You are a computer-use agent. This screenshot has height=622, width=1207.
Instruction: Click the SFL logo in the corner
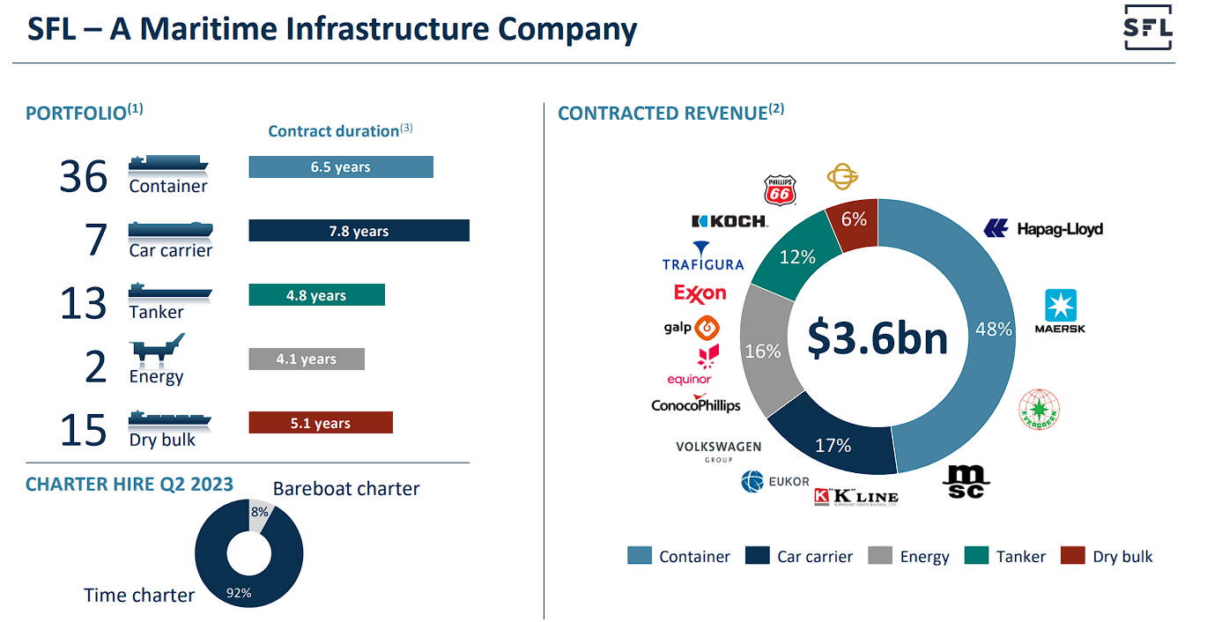point(1148,29)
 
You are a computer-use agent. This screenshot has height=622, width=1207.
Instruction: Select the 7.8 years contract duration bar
point(359,231)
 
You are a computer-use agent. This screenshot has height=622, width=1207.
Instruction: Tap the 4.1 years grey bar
point(306,359)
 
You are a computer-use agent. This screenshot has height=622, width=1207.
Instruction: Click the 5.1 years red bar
point(320,423)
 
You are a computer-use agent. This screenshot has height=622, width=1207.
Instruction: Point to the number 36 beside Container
point(84,176)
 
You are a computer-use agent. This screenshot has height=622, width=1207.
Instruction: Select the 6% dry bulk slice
point(851,221)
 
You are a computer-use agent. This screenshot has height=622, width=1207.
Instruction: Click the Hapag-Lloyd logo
point(1043,229)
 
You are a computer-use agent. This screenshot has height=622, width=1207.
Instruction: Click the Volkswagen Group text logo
point(718,450)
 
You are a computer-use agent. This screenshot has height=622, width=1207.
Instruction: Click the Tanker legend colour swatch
point(977,556)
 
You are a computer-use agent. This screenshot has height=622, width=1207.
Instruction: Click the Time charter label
point(139,596)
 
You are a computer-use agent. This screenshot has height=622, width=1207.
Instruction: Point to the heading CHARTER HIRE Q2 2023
point(130,484)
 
